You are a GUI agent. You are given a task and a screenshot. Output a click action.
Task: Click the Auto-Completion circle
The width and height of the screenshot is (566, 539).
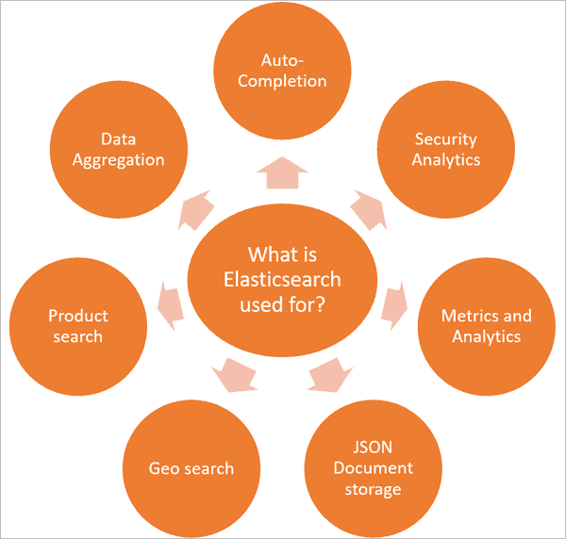pos(282,71)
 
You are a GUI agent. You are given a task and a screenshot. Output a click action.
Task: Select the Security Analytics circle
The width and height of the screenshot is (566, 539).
pos(445,149)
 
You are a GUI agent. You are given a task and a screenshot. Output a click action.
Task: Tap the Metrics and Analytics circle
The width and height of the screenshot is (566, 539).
pos(486,325)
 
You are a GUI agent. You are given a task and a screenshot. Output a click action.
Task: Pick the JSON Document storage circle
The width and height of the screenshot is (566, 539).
pos(373,468)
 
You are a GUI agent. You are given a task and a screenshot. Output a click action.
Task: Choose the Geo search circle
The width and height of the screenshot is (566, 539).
pos(191,468)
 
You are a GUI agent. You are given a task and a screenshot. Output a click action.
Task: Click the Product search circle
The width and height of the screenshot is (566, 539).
pos(77,325)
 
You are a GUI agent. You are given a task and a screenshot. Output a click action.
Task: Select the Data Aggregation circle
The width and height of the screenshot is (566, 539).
pos(119,149)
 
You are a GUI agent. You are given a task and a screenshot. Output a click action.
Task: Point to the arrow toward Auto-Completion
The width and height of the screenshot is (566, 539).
pos(282,172)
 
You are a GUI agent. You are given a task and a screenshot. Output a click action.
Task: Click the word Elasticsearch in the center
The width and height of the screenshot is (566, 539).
pos(282,280)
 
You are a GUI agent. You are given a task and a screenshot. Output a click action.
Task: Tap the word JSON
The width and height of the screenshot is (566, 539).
pos(373,448)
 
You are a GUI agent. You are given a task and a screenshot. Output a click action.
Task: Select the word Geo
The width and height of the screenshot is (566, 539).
pos(162,468)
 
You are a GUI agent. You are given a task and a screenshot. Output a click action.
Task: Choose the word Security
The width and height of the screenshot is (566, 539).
pos(445,139)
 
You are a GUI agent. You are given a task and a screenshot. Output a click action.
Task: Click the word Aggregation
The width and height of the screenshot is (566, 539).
pos(119,159)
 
